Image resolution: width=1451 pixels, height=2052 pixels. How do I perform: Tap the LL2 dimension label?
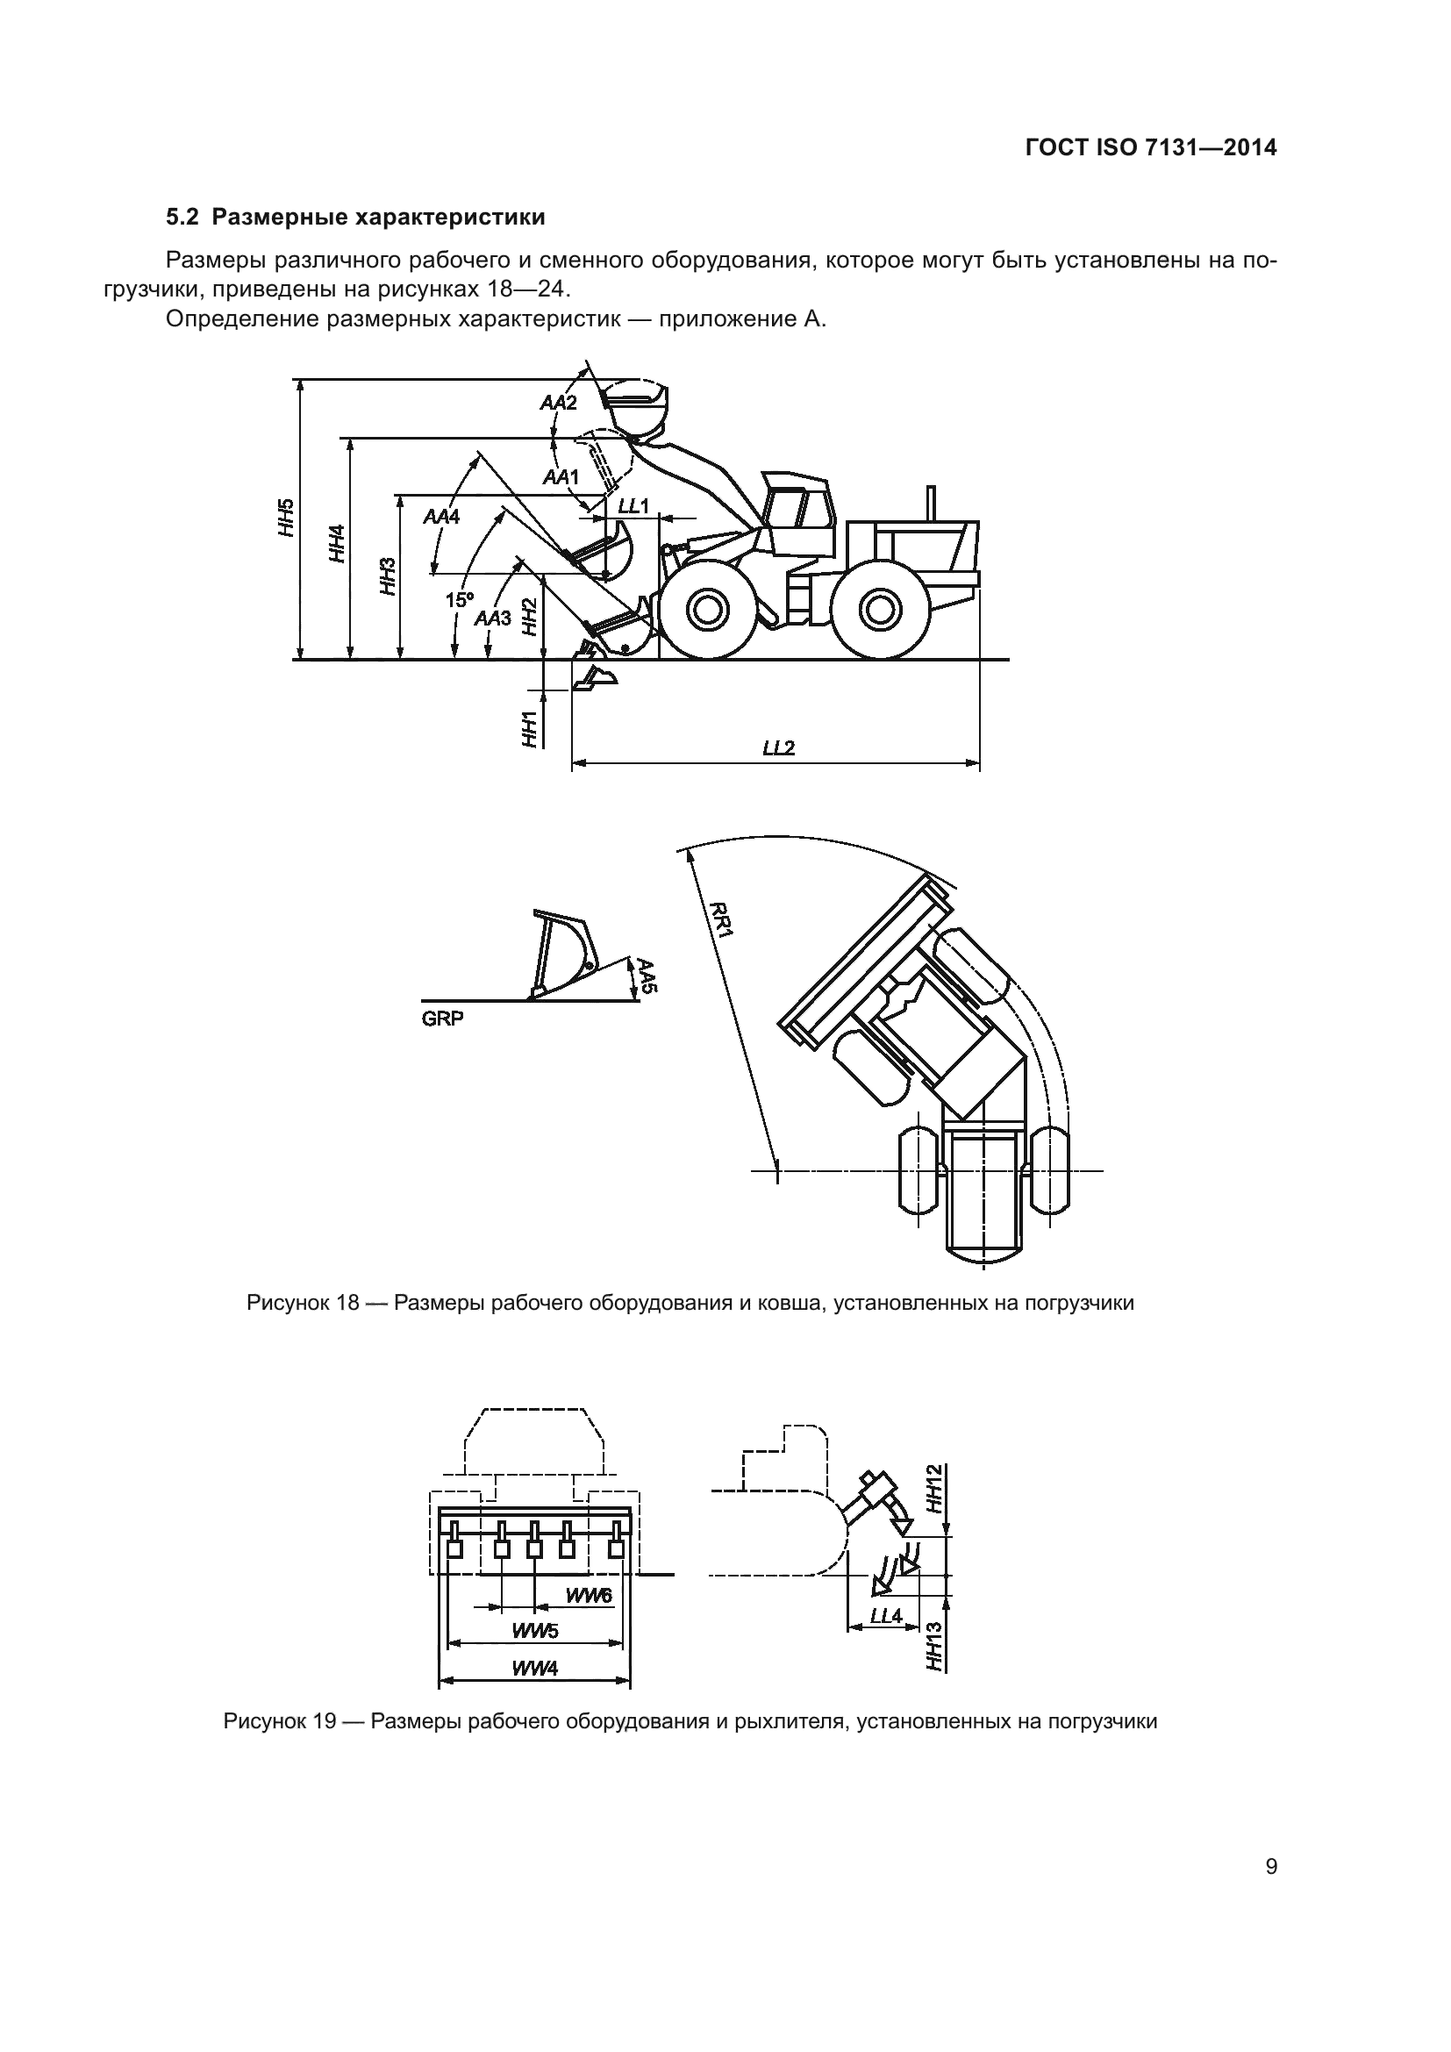pos(778,748)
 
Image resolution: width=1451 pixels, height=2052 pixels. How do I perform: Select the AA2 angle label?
pos(559,403)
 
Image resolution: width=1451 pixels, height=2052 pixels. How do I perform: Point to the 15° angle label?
pos(461,600)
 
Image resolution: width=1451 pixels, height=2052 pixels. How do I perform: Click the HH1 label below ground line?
pos(531,728)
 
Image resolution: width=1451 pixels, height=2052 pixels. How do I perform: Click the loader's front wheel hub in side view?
pos(705,611)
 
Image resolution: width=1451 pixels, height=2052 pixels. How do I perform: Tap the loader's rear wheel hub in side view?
pos(879,611)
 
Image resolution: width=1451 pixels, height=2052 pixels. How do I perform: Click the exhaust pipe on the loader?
pos(931,503)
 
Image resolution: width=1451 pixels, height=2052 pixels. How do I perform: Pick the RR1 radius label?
pos(721,919)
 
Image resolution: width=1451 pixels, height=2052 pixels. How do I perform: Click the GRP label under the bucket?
pos(443,1019)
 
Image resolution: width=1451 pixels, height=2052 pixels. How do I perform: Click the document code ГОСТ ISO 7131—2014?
pos(1151,148)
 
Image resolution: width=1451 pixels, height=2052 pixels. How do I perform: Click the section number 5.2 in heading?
pos(183,218)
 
